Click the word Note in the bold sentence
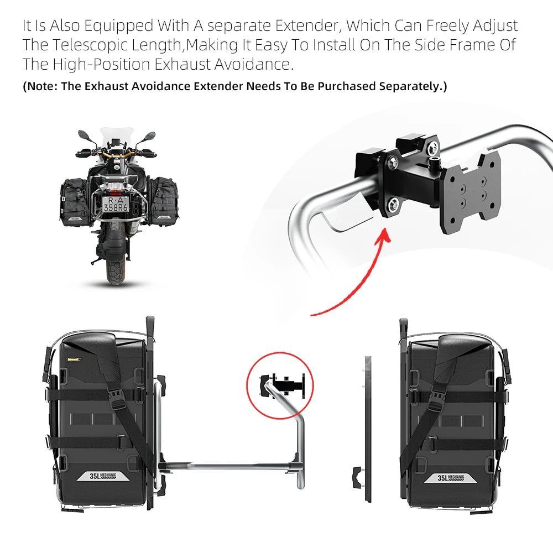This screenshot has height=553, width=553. pos(41,86)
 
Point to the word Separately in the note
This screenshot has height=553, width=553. pos(411,86)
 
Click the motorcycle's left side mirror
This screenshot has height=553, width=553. pos(83,134)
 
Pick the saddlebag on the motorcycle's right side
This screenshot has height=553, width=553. pos(160,199)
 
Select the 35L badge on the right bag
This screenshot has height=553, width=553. pos(451,478)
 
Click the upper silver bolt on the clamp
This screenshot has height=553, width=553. pos(394,162)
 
